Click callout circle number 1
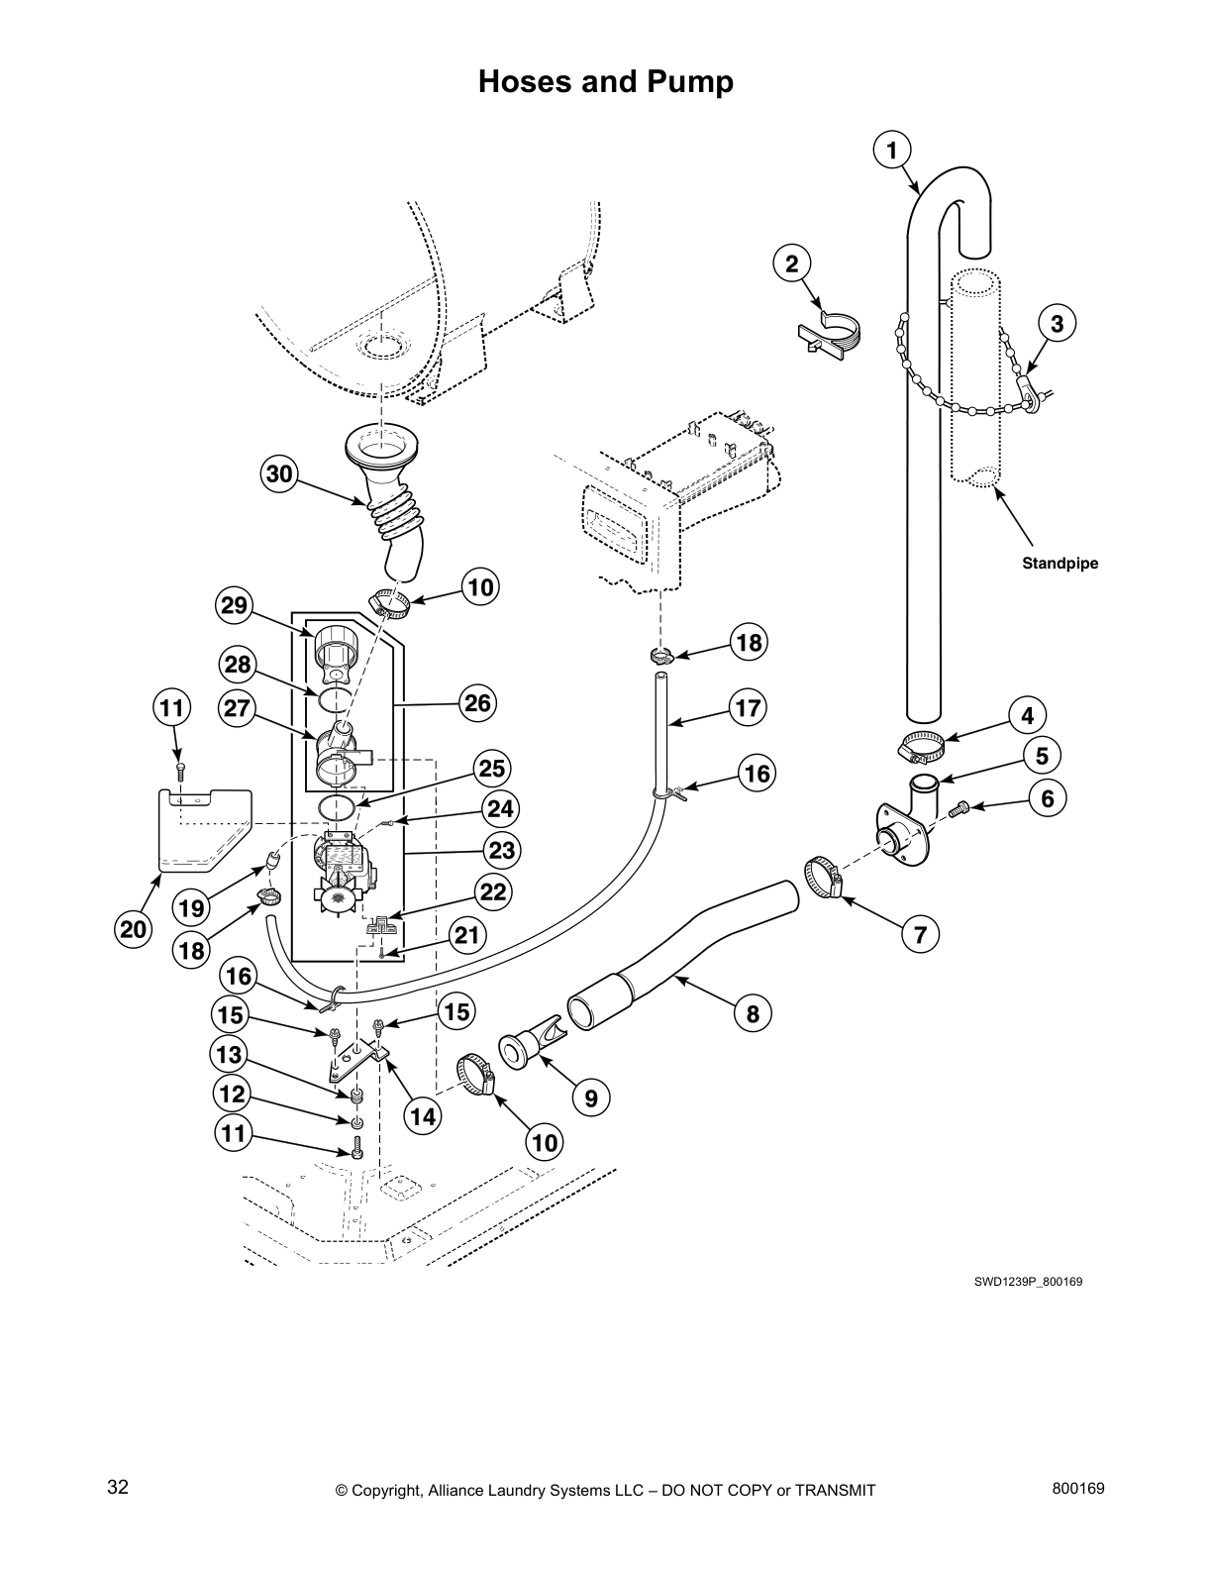[891, 151]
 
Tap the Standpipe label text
[1060, 564]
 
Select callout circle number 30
[280, 474]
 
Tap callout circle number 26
[477, 703]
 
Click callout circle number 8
[753, 1013]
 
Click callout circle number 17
[749, 707]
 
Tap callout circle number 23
[501, 850]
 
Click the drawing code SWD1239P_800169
[1027, 1282]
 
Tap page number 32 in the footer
[118, 1489]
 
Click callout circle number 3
[1057, 323]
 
